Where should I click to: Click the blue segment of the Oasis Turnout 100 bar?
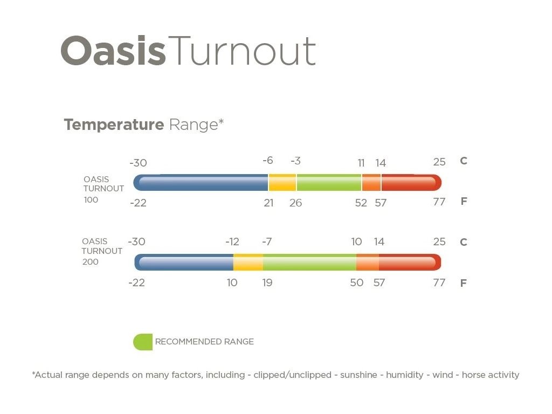click(x=201, y=182)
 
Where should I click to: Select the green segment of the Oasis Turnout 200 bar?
click(x=309, y=263)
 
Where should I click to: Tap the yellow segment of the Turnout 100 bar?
click(x=282, y=182)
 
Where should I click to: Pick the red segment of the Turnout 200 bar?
click(x=410, y=263)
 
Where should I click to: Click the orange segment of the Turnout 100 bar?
click(x=371, y=182)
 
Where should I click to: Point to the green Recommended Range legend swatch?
click(x=142, y=342)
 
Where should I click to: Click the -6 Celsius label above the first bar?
click(x=268, y=161)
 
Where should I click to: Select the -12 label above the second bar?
click(x=232, y=241)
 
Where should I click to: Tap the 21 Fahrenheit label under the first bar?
click(x=268, y=203)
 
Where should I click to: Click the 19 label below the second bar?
click(x=267, y=282)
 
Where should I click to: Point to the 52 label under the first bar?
click(x=361, y=203)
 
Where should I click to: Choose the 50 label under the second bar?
click(x=357, y=282)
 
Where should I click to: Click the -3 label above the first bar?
click(x=296, y=161)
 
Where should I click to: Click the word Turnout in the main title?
click(x=242, y=51)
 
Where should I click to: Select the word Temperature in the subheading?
click(x=114, y=125)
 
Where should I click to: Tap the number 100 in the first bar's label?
click(x=91, y=199)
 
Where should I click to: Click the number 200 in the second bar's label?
click(x=91, y=262)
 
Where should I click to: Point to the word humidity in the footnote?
click(x=405, y=375)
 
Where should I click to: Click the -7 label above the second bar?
click(x=267, y=241)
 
